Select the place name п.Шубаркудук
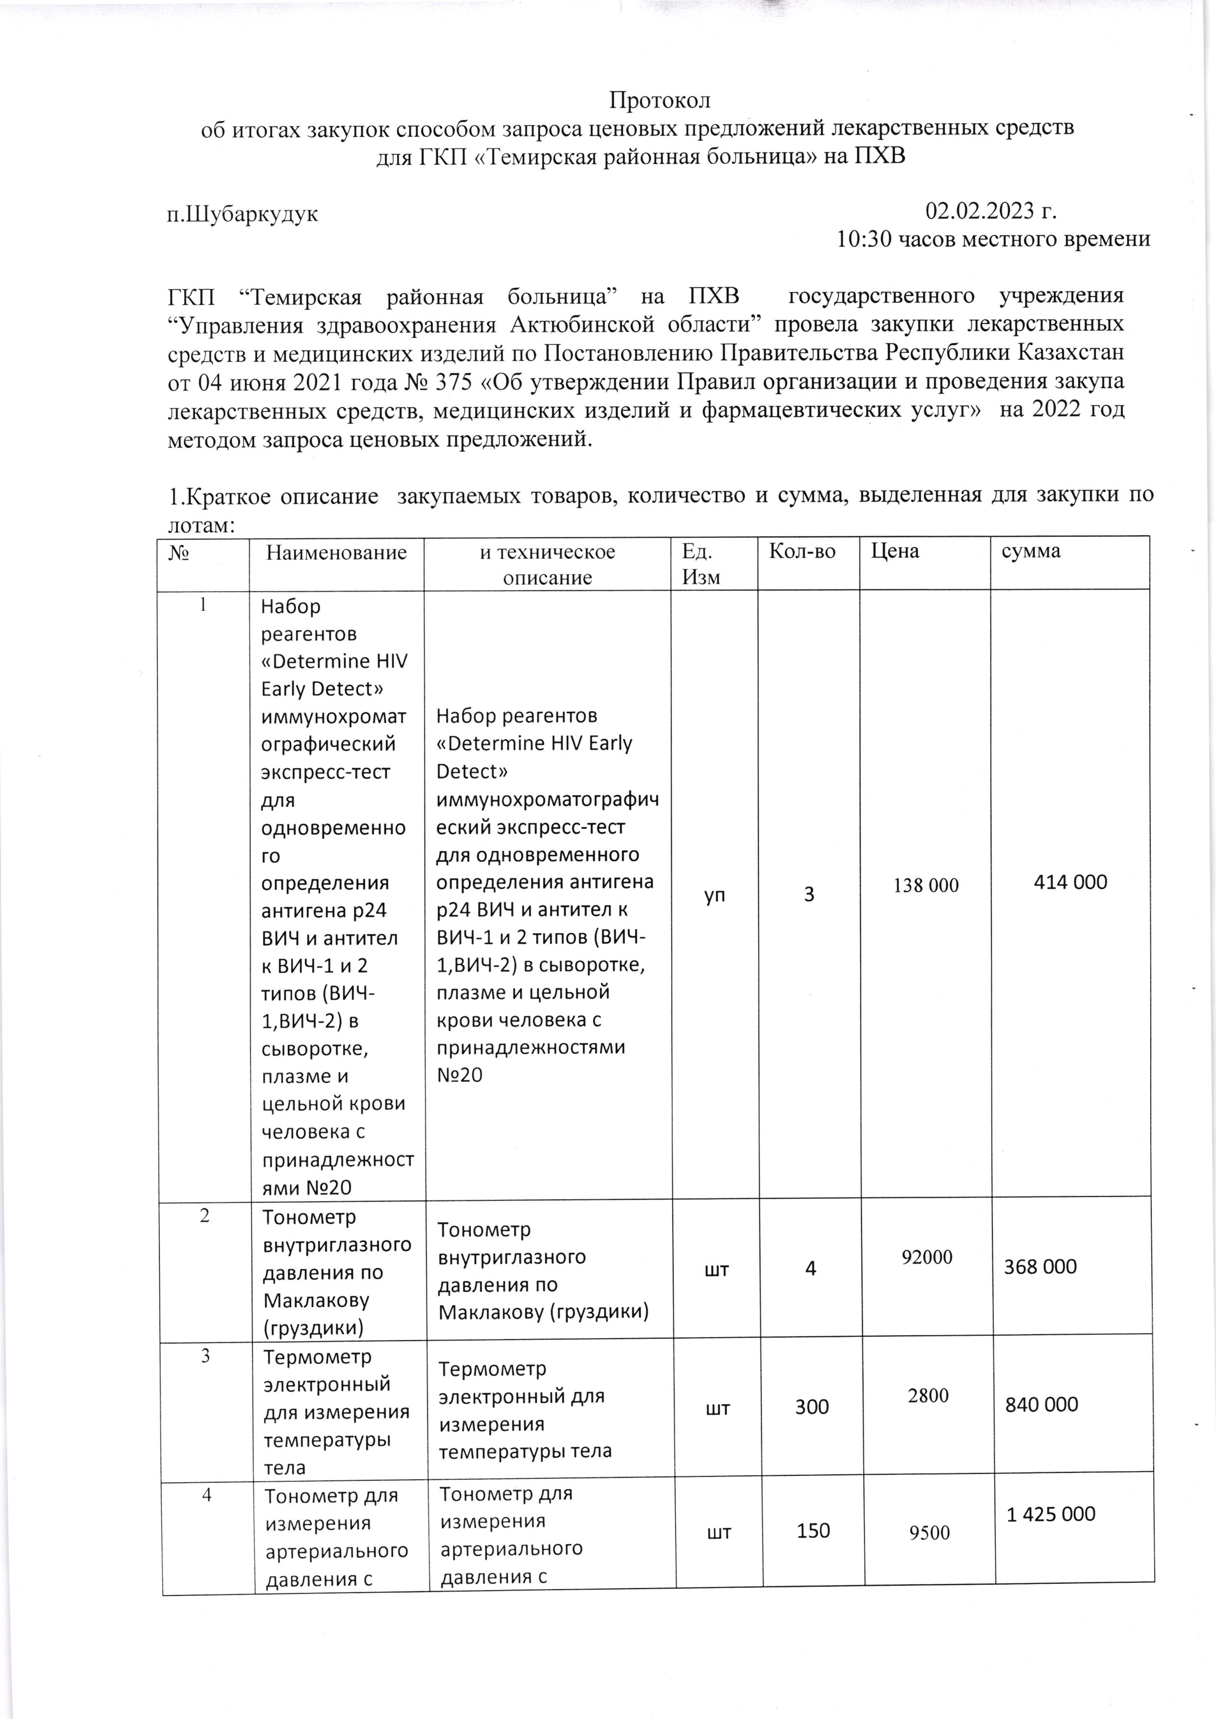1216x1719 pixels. tap(242, 214)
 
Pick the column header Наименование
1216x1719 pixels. tap(336, 552)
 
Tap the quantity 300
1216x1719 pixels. tap(811, 1407)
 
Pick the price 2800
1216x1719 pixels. tap(929, 1395)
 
